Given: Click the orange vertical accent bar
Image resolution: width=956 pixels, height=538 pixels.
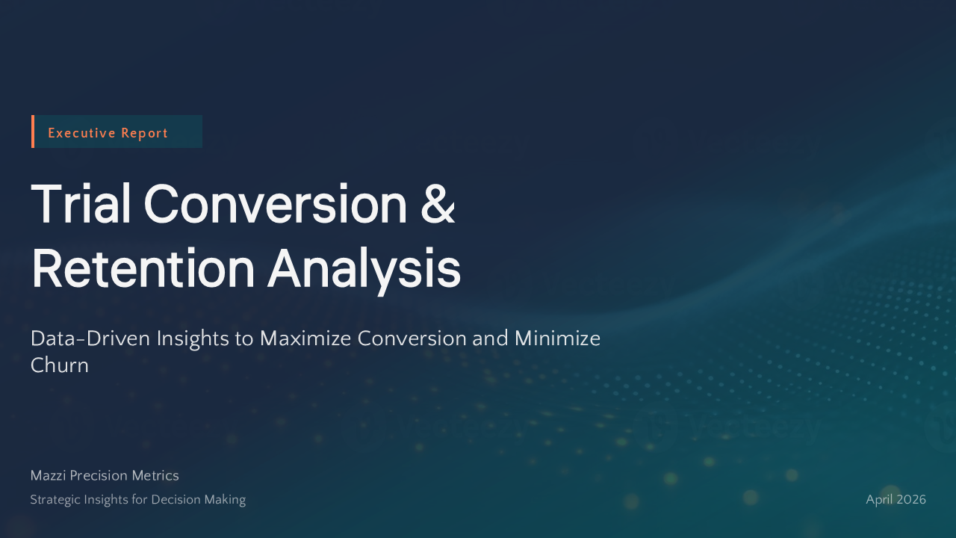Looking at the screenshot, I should tap(33, 132).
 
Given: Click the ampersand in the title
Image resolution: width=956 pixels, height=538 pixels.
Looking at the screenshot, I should tap(438, 203).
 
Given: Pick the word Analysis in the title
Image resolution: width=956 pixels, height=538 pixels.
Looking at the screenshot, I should tap(364, 269).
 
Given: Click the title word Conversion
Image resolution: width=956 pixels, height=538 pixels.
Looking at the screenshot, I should tap(275, 203).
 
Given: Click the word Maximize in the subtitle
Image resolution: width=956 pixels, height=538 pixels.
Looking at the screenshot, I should tap(304, 338).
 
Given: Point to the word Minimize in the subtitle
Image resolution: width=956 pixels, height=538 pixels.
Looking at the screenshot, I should tap(557, 338).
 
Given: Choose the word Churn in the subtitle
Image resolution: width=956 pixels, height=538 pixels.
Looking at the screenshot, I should tap(59, 365).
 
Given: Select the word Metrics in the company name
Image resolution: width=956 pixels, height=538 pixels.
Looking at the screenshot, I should tap(155, 476).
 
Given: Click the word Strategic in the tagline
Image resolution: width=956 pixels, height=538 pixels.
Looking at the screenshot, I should tap(53, 500).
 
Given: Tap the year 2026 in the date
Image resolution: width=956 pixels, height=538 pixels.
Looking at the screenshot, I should tap(912, 500).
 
